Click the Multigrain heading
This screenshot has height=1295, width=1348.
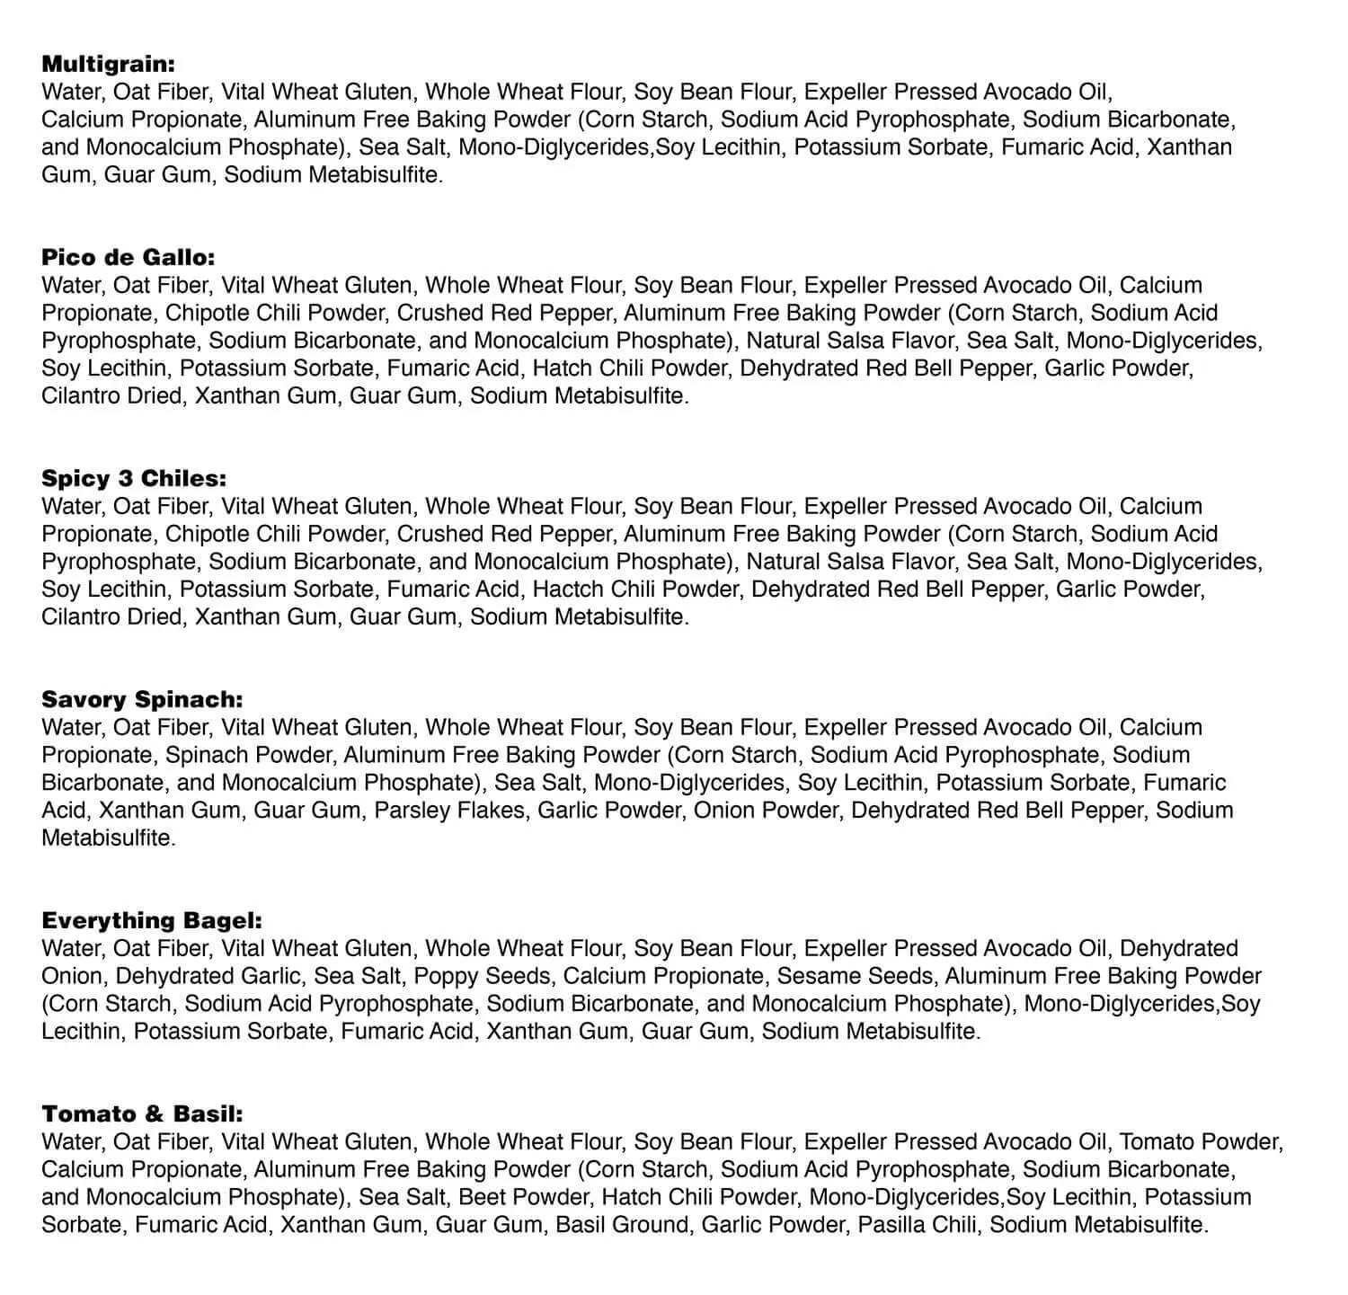click(108, 64)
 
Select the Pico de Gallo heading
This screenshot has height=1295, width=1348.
click(129, 257)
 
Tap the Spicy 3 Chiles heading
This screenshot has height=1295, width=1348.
click(134, 478)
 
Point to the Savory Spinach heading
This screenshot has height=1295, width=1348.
click(142, 699)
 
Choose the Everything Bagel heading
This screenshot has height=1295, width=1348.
click(152, 920)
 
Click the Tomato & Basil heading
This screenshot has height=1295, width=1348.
click(142, 1113)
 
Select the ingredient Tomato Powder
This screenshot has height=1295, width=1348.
click(1200, 1142)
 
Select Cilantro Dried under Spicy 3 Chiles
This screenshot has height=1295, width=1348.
click(111, 617)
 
